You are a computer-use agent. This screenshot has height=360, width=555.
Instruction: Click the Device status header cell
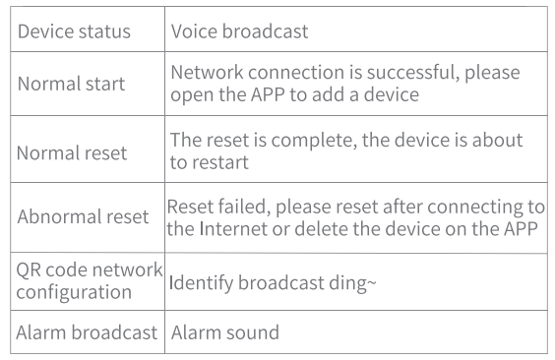(x=74, y=31)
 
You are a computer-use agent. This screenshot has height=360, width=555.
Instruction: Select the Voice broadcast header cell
(x=239, y=31)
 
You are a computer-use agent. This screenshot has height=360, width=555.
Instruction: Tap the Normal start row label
(x=72, y=84)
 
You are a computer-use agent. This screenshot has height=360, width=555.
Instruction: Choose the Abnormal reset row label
(x=83, y=217)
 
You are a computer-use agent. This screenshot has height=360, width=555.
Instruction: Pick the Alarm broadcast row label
(x=87, y=332)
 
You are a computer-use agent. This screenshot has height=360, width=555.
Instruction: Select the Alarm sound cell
(x=224, y=332)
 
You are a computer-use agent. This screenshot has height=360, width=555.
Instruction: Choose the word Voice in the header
(x=193, y=31)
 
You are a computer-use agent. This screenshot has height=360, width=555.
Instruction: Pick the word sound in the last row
(x=252, y=332)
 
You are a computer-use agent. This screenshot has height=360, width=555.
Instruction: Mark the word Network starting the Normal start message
(x=209, y=74)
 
